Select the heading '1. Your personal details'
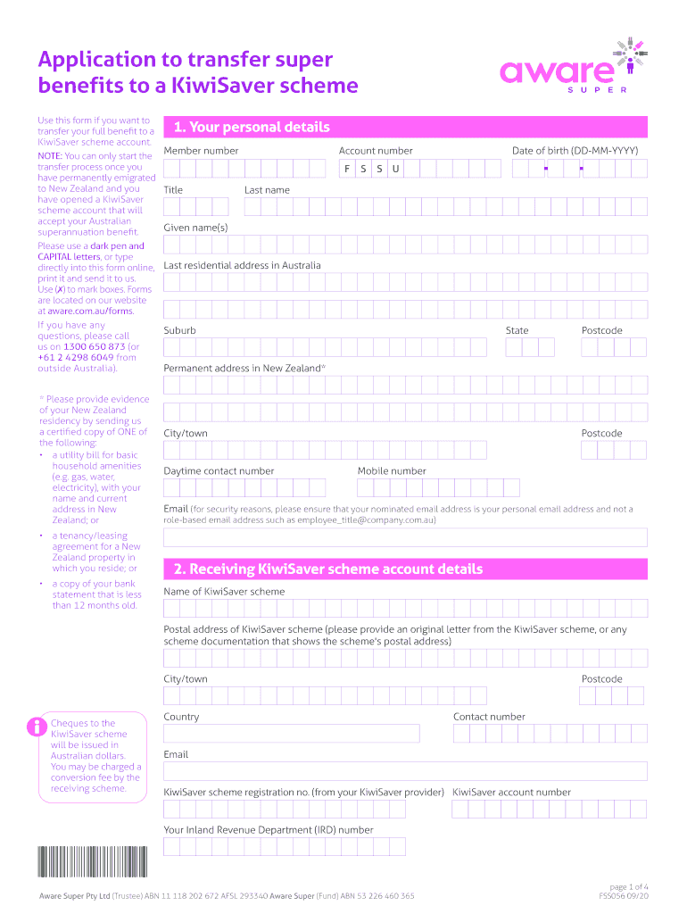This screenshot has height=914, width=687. [252, 127]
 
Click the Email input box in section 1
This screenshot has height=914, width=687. [405, 536]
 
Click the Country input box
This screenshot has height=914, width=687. [291, 734]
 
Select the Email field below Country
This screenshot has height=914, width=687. [405, 771]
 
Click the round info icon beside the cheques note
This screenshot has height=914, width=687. [37, 727]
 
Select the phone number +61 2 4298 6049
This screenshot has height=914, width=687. [75, 357]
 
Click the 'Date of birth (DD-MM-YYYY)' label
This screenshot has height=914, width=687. [575, 151]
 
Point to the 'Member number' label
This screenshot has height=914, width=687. [201, 151]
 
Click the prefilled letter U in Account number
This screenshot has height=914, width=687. [395, 169]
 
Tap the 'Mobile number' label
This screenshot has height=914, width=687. [392, 470]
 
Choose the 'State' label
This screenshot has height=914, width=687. [517, 330]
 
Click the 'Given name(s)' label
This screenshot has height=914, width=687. [195, 228]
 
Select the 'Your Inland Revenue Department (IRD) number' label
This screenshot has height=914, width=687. [269, 829]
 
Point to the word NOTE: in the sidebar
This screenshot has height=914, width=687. [50, 156]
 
